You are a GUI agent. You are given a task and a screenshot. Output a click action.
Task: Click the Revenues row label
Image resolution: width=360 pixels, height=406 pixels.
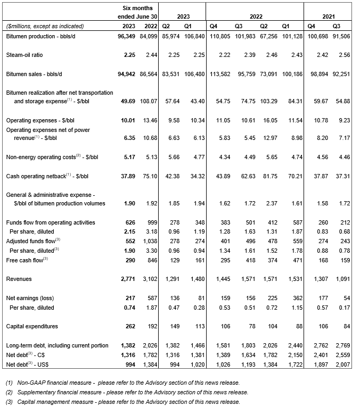pyautogui.click(x=18, y=278)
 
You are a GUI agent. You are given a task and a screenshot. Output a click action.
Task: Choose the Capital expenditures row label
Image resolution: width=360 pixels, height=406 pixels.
pyautogui.click(x=31, y=326)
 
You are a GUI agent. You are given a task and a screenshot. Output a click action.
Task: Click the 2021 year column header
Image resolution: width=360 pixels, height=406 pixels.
pyautogui.click(x=328, y=16)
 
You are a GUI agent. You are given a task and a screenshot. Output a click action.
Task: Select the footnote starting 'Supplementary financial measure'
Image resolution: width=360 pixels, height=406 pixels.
pyautogui.click(x=127, y=392)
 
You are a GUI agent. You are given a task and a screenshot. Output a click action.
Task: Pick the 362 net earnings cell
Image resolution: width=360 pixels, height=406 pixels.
pyautogui.click(x=297, y=299)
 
